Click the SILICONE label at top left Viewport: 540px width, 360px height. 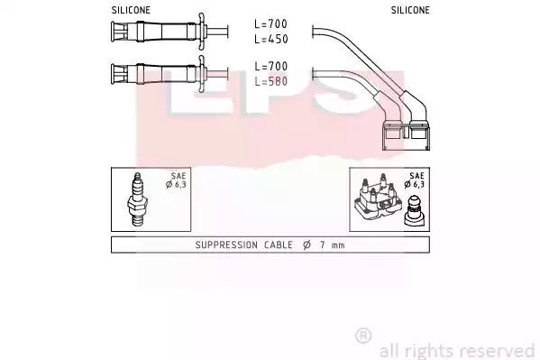click(x=131, y=10)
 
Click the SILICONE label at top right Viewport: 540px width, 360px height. click(x=410, y=10)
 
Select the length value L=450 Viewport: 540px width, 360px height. click(x=271, y=40)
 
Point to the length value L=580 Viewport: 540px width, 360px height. click(x=271, y=81)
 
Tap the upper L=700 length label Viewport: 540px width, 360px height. click(x=271, y=24)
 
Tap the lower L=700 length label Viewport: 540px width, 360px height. click(x=271, y=66)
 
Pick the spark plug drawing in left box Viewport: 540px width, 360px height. click(x=138, y=199)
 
